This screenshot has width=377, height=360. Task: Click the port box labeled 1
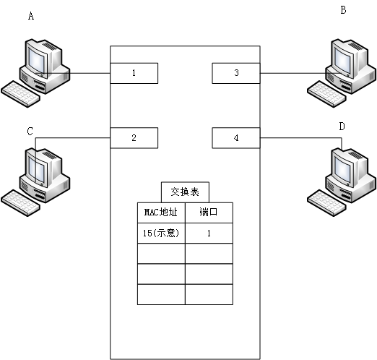pos(134,73)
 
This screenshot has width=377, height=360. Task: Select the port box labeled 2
pos(134,137)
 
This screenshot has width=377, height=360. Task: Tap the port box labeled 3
pos(236,73)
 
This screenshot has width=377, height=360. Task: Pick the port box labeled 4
pos(236,137)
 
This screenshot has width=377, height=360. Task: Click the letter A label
pos(30,15)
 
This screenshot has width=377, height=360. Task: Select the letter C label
pos(30,132)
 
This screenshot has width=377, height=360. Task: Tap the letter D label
pos(342,127)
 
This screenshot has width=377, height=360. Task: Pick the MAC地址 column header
pos(161,213)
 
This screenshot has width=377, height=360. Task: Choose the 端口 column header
pos(209,213)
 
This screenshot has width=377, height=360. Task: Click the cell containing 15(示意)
pos(161,233)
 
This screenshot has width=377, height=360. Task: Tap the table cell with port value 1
pos(209,233)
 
